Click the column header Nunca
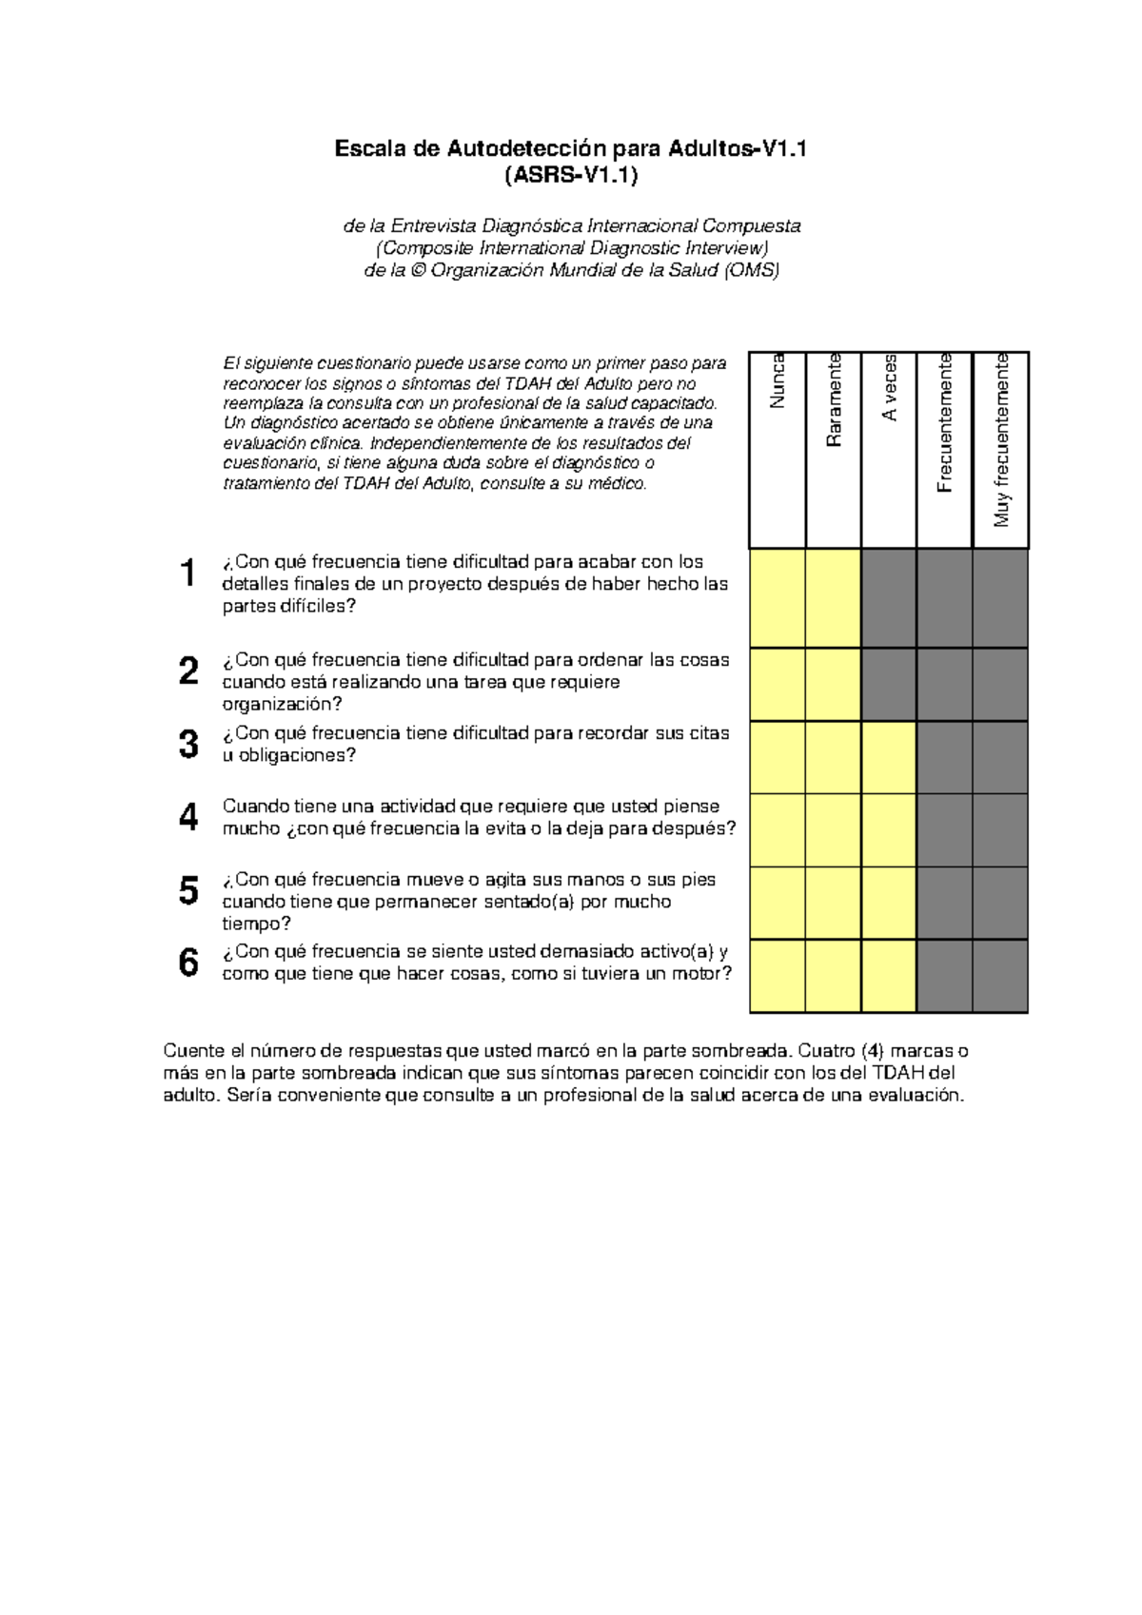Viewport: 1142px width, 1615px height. (778, 381)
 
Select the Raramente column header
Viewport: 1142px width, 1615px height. (834, 400)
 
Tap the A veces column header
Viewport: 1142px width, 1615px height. (889, 388)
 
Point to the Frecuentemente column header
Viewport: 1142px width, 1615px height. (944, 423)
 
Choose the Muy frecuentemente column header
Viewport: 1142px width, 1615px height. (1001, 440)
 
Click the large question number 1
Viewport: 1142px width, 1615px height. (187, 574)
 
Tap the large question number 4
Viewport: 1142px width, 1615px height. (188, 817)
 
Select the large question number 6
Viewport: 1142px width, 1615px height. (188, 963)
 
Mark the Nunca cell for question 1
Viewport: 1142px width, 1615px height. (778, 599)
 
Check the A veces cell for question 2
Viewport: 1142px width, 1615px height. (889, 685)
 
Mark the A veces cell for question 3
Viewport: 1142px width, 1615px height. (889, 758)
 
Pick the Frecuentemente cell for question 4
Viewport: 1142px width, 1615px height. (944, 830)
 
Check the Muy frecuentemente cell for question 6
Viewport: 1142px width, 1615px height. (1000, 977)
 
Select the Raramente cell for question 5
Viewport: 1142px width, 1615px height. (834, 904)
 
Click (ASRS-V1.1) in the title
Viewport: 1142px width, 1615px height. (571, 175)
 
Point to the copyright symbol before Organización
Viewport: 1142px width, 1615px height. (417, 271)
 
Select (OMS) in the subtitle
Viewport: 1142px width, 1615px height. (751, 270)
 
